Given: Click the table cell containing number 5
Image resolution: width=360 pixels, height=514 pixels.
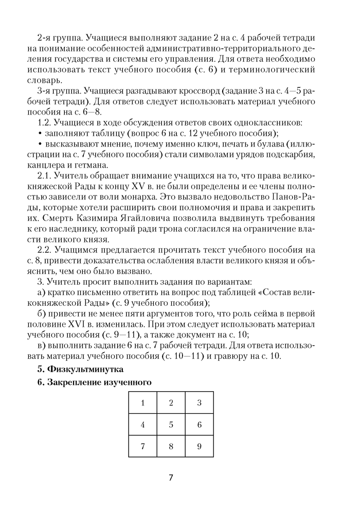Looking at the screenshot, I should pyautogui.click(x=171, y=425).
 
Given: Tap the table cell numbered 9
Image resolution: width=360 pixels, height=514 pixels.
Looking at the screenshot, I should pyautogui.click(x=199, y=446).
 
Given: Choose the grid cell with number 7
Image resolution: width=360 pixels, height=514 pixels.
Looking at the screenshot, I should pyautogui.click(x=142, y=446).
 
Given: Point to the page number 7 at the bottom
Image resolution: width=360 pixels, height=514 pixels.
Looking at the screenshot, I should pyautogui.click(x=171, y=478).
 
